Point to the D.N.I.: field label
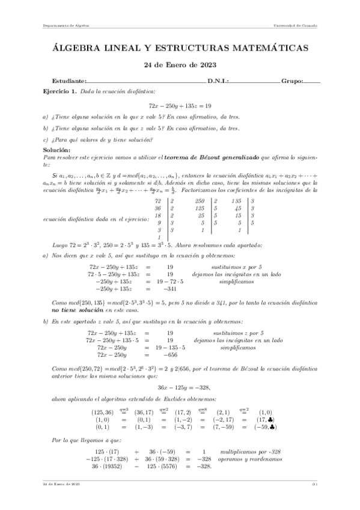(218, 81)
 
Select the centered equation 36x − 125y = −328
(179, 390)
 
